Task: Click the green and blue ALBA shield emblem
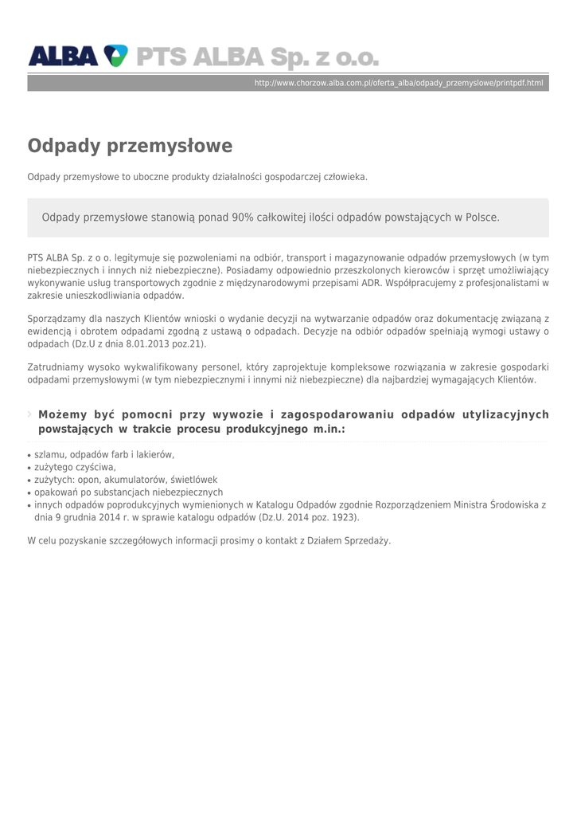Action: (x=115, y=56)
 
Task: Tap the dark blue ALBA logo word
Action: (x=64, y=56)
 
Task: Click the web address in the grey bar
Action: (x=398, y=83)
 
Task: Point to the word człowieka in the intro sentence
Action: (x=345, y=177)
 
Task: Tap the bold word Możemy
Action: (x=62, y=414)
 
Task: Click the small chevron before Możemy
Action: (x=30, y=414)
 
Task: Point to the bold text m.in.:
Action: (x=329, y=429)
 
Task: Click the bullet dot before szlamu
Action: (x=29, y=455)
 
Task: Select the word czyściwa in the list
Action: (x=96, y=467)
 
